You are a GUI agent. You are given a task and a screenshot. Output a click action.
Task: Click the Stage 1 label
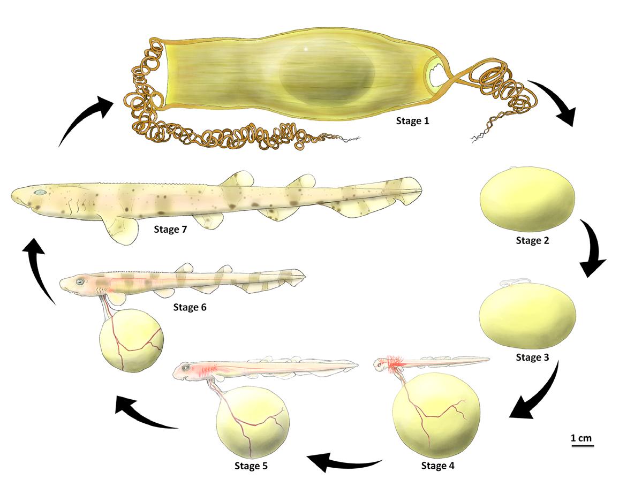click(412, 121)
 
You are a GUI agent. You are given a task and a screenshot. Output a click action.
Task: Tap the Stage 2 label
click(532, 240)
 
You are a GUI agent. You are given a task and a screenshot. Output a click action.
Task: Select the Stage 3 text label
click(532, 357)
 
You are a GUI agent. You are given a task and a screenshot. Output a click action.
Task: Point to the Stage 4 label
click(437, 466)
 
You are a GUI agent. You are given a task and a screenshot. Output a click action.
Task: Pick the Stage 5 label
click(251, 466)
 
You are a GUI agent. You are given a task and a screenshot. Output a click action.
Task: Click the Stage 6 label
click(190, 308)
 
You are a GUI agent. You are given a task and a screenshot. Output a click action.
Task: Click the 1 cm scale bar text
click(581, 438)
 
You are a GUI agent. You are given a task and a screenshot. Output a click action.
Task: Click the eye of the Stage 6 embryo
click(80, 281)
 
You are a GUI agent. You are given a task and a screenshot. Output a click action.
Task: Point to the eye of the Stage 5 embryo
click(185, 368)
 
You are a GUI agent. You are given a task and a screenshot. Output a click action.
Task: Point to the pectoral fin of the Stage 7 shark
click(120, 230)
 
